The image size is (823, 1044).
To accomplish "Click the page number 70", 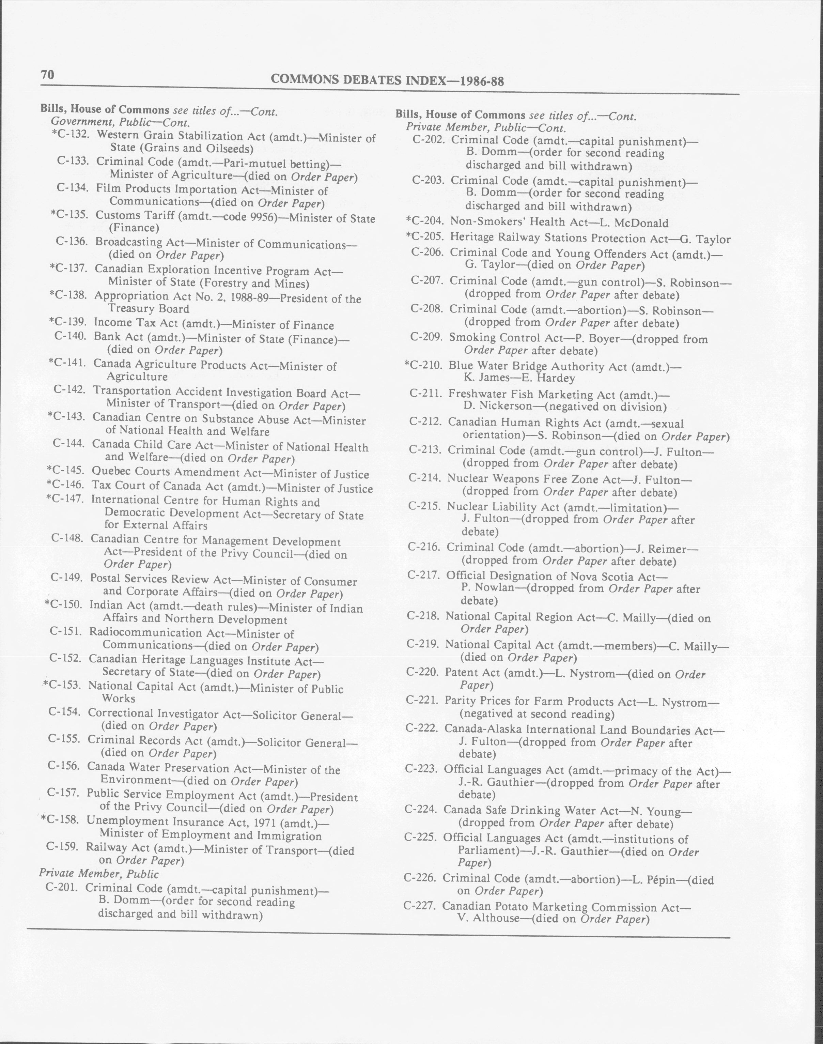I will point(47,75).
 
